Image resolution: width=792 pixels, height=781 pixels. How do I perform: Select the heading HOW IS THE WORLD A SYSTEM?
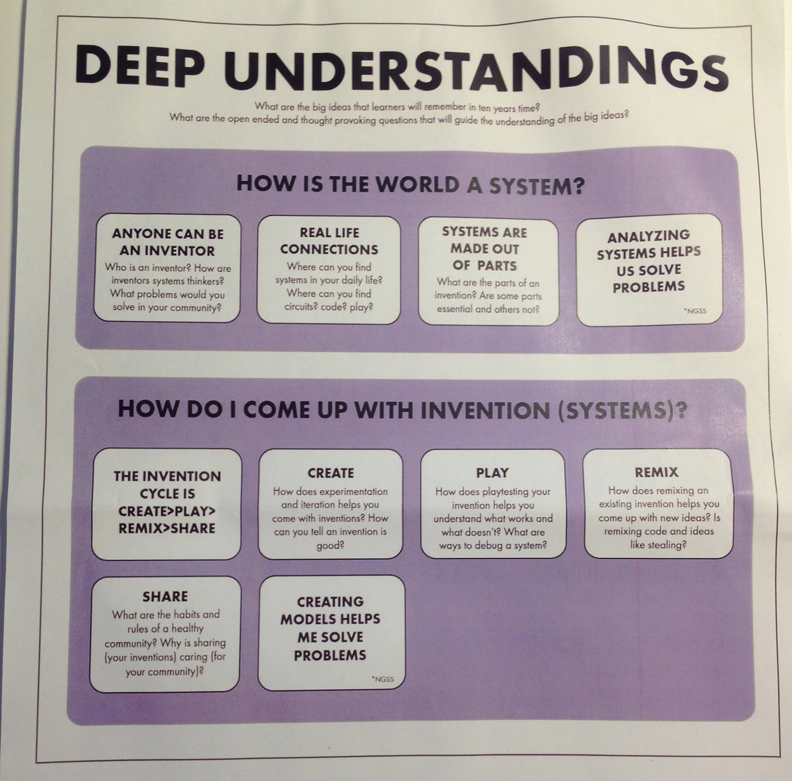pyautogui.click(x=410, y=185)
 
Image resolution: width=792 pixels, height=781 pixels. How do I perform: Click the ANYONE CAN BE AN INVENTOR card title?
pyautogui.click(x=167, y=242)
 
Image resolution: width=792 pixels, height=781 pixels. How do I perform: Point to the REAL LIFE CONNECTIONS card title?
pyautogui.click(x=329, y=241)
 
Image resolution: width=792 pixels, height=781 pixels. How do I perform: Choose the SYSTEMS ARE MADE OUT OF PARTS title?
pyautogui.click(x=485, y=249)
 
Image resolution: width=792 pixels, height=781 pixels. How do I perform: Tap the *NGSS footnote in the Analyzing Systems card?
pyautogui.click(x=695, y=311)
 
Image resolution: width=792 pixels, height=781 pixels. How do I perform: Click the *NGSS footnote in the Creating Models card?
pyautogui.click(x=383, y=679)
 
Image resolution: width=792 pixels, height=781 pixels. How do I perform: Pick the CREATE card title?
pyautogui.click(x=331, y=473)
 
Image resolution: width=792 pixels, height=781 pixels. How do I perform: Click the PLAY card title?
pyautogui.click(x=492, y=473)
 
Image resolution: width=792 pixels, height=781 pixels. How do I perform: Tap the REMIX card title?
pyautogui.click(x=656, y=472)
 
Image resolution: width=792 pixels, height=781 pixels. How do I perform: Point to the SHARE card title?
pyautogui.click(x=165, y=596)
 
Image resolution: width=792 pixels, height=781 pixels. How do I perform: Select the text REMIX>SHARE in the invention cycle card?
pyautogui.click(x=167, y=528)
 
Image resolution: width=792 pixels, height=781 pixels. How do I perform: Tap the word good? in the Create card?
pyautogui.click(x=330, y=545)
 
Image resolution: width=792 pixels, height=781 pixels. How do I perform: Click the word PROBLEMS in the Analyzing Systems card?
pyautogui.click(x=648, y=287)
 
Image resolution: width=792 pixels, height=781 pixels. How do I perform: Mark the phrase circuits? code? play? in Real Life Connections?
pyautogui.click(x=329, y=307)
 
